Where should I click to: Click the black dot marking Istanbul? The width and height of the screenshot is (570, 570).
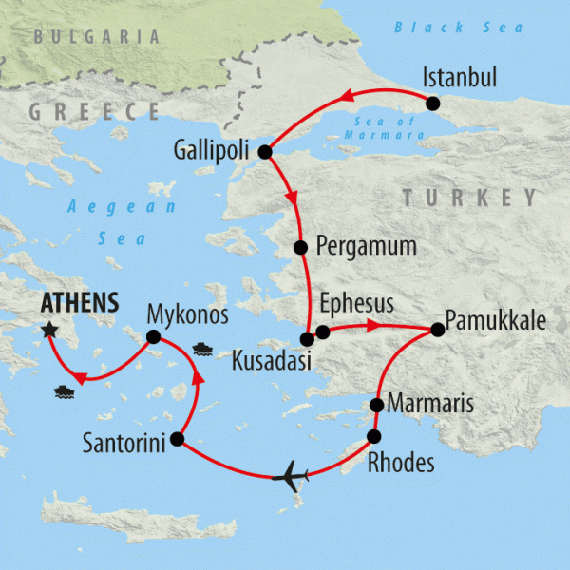click(433, 104)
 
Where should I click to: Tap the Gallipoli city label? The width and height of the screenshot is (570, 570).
click(215, 150)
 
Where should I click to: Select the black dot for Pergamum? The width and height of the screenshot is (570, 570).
click(300, 248)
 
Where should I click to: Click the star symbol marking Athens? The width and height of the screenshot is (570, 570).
click(49, 330)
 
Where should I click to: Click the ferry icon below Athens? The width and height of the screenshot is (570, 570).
click(64, 389)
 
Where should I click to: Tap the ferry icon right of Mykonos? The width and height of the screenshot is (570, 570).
click(201, 347)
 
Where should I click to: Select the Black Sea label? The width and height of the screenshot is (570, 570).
click(458, 28)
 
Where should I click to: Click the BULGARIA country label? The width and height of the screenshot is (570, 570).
click(95, 37)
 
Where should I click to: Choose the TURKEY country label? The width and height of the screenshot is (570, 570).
click(469, 198)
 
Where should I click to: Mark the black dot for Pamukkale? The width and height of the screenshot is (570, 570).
click(437, 330)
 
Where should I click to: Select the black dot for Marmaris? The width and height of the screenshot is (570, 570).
click(376, 406)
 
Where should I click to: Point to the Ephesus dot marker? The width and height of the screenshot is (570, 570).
click(323, 332)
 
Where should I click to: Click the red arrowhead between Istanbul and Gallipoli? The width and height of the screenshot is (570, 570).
click(348, 95)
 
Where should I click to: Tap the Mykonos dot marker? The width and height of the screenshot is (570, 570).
click(152, 335)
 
